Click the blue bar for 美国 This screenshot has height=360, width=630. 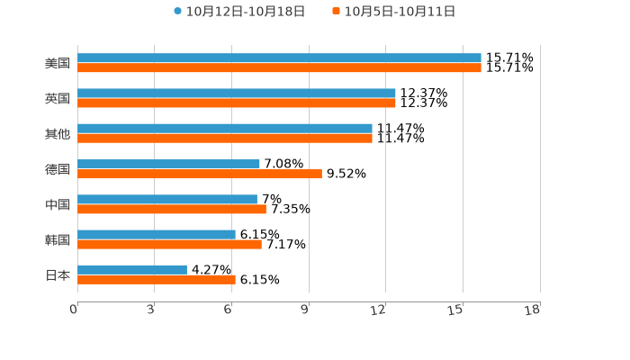point(279,58)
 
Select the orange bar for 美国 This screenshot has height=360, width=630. point(279,67)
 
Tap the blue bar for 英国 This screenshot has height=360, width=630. point(237,93)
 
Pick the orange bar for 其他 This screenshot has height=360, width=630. point(225,139)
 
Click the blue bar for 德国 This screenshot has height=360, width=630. point(168,164)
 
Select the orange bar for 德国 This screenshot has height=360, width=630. point(200,174)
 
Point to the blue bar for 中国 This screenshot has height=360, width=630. point(167,199)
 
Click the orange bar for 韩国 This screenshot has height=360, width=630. point(169,244)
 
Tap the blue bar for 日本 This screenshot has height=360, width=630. point(132,269)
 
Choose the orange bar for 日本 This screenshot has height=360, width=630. point(157,279)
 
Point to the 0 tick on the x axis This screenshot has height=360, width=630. point(74,310)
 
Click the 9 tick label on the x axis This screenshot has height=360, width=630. point(305,310)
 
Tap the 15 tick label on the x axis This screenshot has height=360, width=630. point(455,310)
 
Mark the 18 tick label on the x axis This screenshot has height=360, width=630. point(533,310)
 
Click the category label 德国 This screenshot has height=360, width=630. point(58,169)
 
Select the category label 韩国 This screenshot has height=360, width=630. point(58,239)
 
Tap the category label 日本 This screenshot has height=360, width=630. point(58,274)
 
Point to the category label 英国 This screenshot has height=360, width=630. point(58,98)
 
